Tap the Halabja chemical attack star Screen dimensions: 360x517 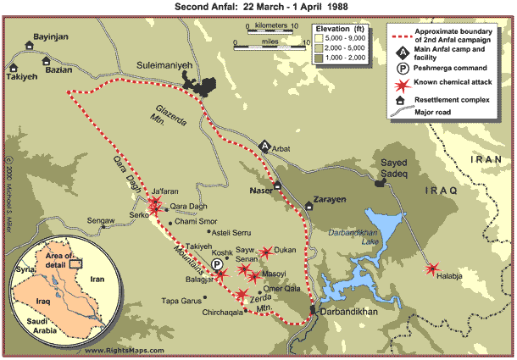[x=433, y=269]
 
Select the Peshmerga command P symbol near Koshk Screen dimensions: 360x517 [x=219, y=265]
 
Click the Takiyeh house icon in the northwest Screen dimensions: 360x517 [x=14, y=65]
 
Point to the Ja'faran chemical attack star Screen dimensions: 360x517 [x=155, y=206]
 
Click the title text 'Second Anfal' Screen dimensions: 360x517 [x=205, y=7]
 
